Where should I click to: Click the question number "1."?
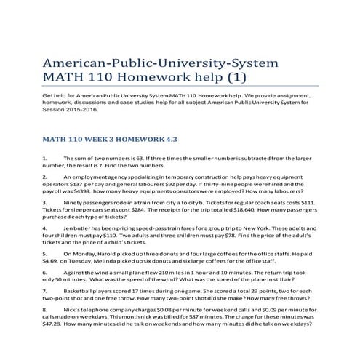point(45,157)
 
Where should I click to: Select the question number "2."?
point(45,177)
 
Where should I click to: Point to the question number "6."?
point(45,272)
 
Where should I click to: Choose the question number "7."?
point(45,291)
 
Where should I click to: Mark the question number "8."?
point(45,310)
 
